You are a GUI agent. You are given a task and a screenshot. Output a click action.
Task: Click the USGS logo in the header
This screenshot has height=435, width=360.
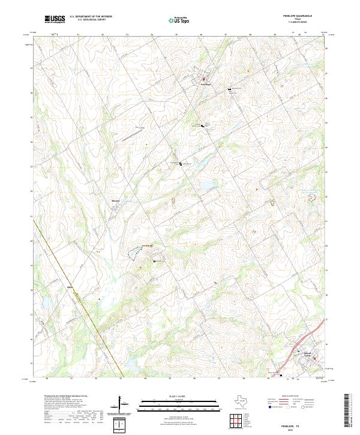pyautogui.click(x=55, y=20)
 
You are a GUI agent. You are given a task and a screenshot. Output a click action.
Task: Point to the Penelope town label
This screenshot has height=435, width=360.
pyautogui.click(x=205, y=85)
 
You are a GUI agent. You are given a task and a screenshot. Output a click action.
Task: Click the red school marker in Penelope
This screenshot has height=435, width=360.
pyautogui.click(x=203, y=79)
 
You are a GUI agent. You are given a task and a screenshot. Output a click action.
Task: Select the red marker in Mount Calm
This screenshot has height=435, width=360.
pyautogui.click(x=313, y=359)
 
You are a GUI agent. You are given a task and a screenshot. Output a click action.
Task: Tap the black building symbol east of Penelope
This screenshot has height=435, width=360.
pyautogui.click(x=229, y=89)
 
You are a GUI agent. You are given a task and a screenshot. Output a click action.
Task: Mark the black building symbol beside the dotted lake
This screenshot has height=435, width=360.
pyautogui.click(x=155, y=262)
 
